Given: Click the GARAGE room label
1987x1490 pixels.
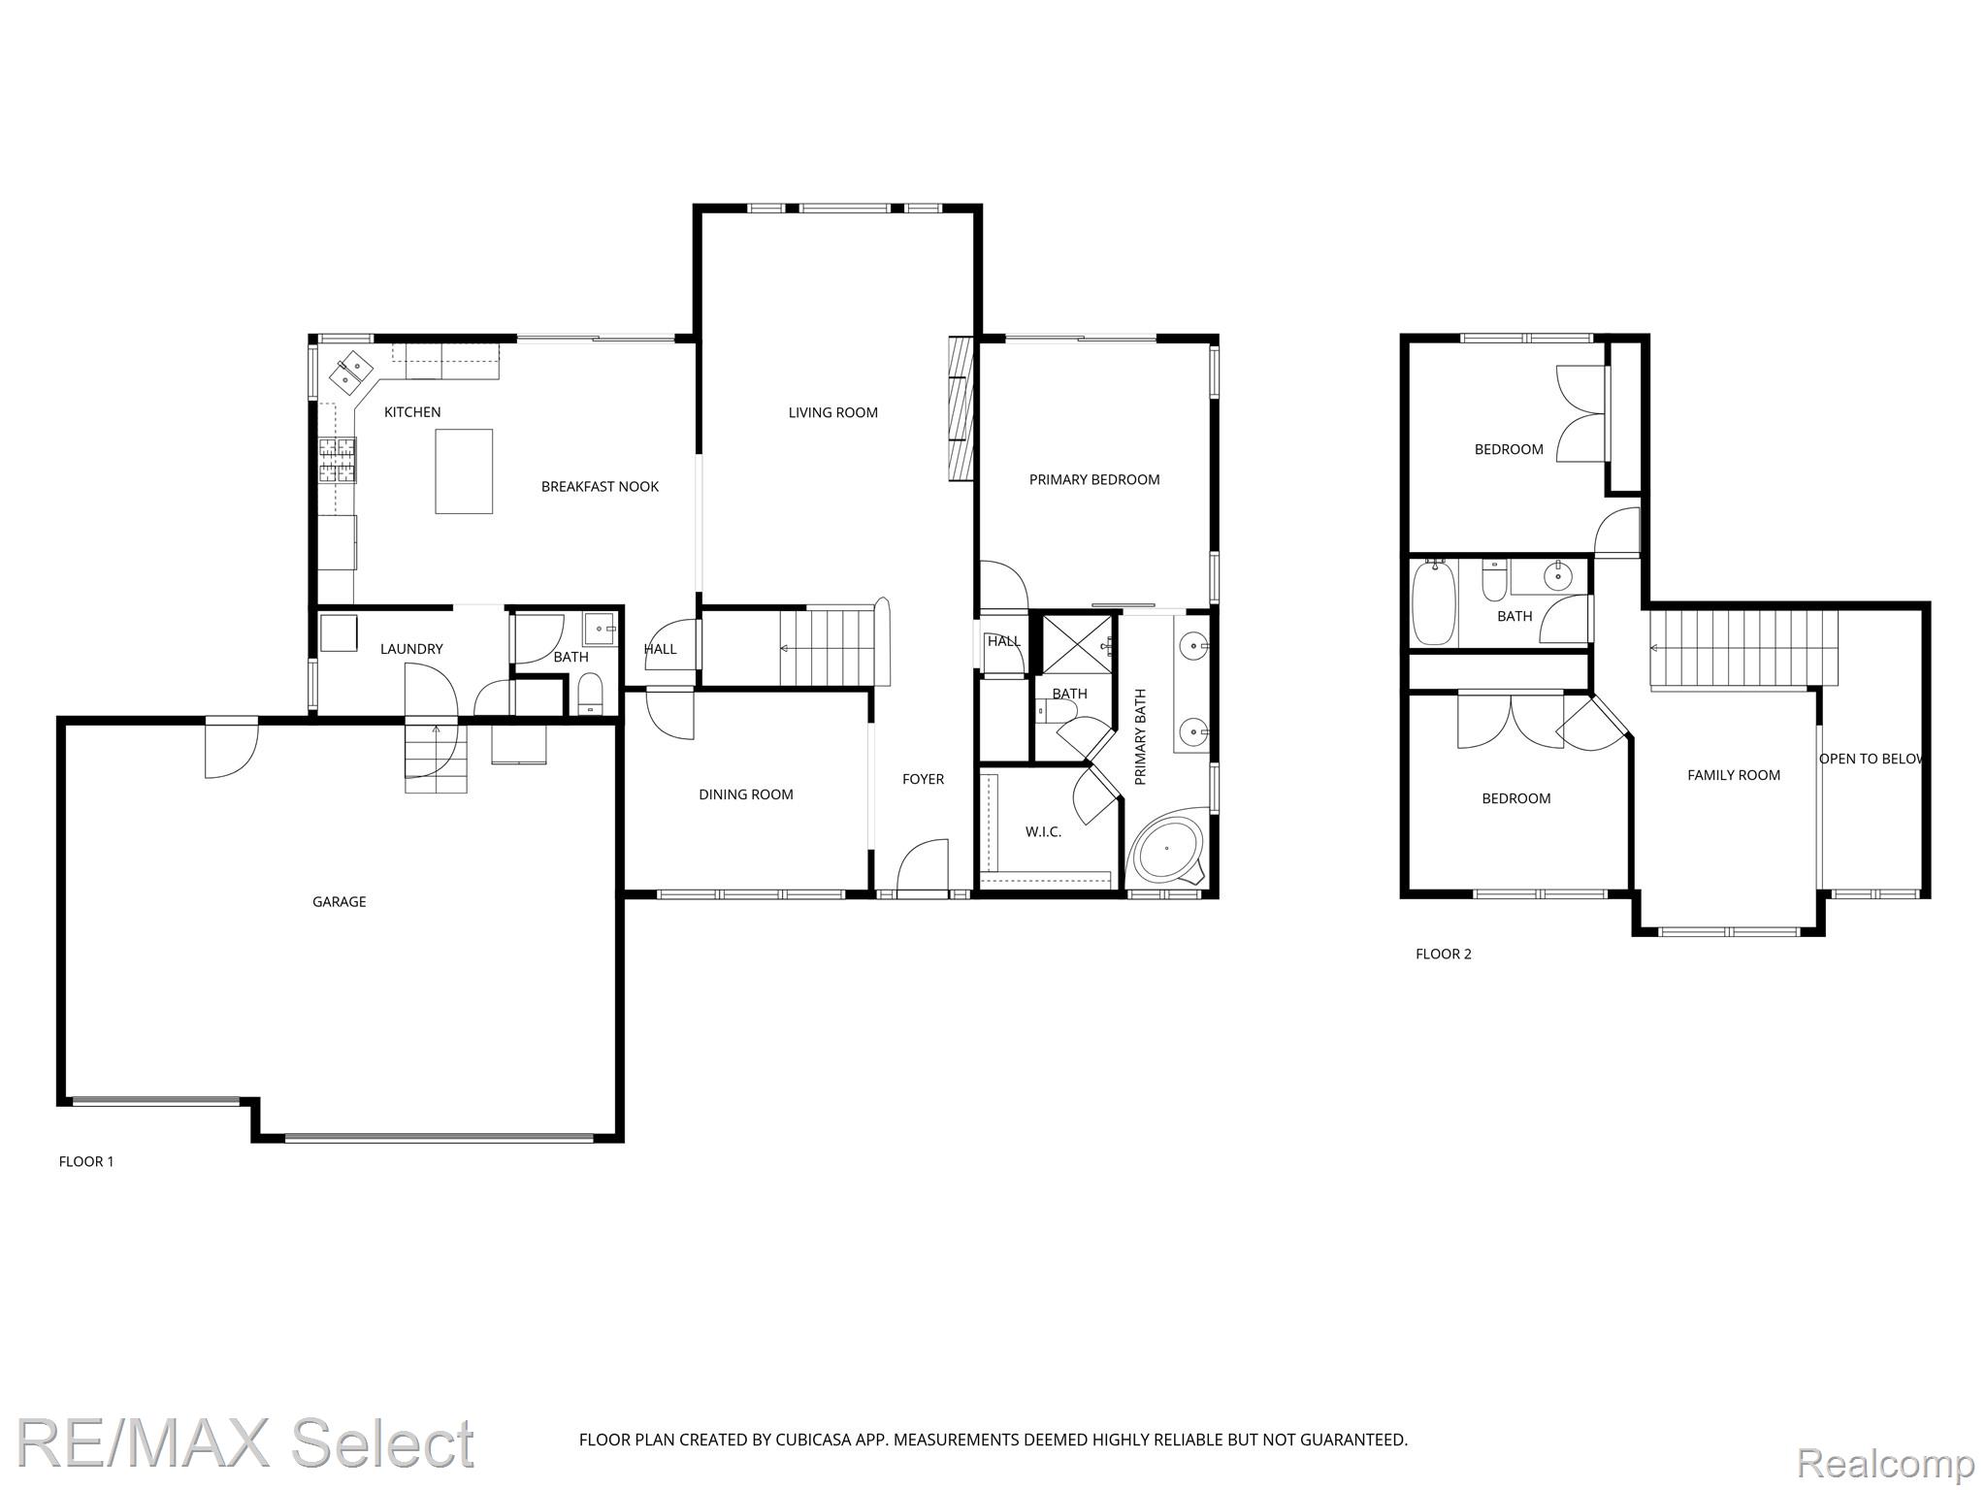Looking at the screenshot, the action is [x=339, y=902].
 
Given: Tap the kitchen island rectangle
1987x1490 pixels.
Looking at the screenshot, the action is [x=464, y=471].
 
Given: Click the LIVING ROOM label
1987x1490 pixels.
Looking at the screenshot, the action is [x=832, y=413].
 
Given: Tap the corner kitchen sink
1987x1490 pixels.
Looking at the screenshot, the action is [x=354, y=370].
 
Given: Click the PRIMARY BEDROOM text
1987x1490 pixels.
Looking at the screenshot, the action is [x=1094, y=480].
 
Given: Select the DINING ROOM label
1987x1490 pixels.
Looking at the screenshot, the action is [x=746, y=795].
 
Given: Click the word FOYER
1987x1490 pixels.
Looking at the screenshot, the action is [x=923, y=780].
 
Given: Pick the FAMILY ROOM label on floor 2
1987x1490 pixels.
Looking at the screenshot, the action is [x=1734, y=776].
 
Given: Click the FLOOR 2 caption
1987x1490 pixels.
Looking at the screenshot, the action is [x=1444, y=955].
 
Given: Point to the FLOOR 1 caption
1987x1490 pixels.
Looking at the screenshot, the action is [x=86, y=1162].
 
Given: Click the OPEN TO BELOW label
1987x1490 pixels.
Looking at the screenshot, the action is [x=1871, y=760].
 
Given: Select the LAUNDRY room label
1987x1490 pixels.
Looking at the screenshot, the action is [x=411, y=650].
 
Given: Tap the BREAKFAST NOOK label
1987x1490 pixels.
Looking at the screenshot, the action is [x=600, y=487].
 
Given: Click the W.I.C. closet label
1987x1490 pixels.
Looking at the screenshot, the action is [x=1043, y=832].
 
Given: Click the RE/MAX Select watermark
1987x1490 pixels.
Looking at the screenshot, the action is [x=245, y=1442].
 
